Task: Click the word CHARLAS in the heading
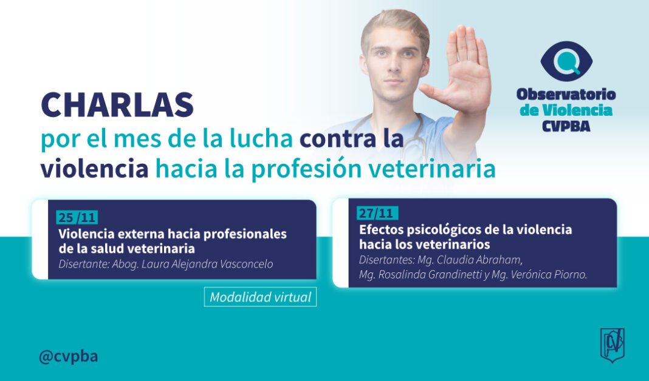point(117,105)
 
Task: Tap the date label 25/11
point(77,217)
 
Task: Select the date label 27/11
point(377,213)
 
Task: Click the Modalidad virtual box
point(260,297)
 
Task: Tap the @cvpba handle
point(68,356)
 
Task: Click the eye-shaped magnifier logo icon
point(566,61)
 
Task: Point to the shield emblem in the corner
point(613,345)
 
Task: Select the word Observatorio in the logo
point(566,94)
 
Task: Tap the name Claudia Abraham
point(479,260)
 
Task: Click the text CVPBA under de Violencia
point(566,126)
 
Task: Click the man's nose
point(393,66)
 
